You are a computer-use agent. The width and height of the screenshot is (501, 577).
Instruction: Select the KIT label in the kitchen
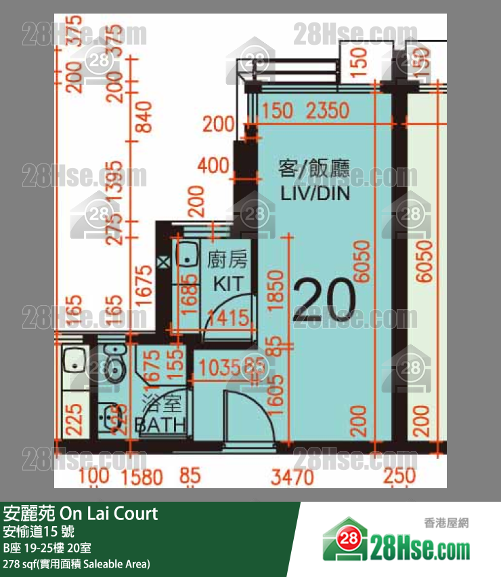tap(227, 283)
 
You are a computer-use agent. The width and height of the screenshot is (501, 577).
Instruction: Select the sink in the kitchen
tap(184, 256)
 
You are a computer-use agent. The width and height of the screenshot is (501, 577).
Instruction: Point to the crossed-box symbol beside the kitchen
tap(162, 262)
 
